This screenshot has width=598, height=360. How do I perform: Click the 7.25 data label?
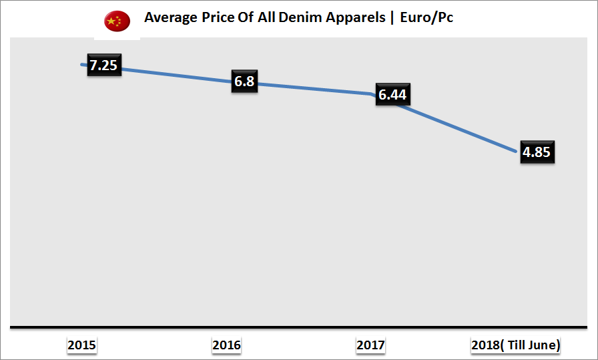104,65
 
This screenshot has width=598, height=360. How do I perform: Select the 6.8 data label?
244,81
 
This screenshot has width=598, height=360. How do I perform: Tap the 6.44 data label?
392,95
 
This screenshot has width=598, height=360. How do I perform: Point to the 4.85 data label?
537,152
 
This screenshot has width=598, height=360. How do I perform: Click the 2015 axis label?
81,345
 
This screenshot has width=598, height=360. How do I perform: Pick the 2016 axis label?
226,345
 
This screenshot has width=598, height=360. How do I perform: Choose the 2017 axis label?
370,345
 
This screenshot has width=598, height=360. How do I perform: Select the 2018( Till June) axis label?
515,345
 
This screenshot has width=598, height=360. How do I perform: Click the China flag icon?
117,21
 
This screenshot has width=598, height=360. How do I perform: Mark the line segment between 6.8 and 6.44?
314,88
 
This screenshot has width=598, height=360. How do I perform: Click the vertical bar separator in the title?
392,18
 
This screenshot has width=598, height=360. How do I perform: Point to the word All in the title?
272,18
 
